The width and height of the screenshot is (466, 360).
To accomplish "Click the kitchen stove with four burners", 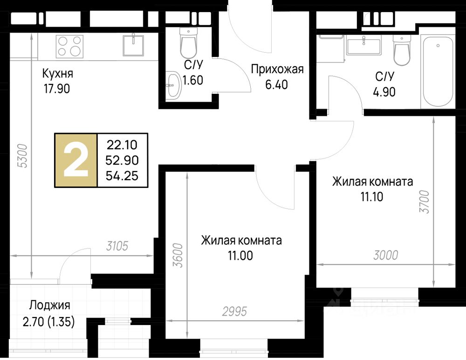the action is coord(69,47).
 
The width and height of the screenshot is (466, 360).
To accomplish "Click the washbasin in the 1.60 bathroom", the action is coord(173,84).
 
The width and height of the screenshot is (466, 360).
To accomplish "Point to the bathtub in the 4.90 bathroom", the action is coord(438,71).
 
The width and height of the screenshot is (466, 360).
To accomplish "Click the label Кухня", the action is coord(58,73).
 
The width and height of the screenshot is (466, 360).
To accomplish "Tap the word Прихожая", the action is coord(277,69).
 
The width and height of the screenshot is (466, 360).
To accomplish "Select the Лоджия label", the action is coord(50,305).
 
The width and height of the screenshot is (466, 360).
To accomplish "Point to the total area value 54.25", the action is coord(122,176).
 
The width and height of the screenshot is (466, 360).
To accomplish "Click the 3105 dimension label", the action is coord(117,246).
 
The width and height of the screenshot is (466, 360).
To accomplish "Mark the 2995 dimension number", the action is coord(235,312).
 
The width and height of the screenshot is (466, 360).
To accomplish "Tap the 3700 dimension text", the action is coord(425,202).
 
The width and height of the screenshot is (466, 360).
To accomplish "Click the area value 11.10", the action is coord(372,197).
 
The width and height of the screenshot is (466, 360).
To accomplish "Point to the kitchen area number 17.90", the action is coord(57,89).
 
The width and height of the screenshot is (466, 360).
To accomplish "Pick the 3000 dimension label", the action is coord(386,255).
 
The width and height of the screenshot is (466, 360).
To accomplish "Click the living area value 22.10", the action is coord(122,145).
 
